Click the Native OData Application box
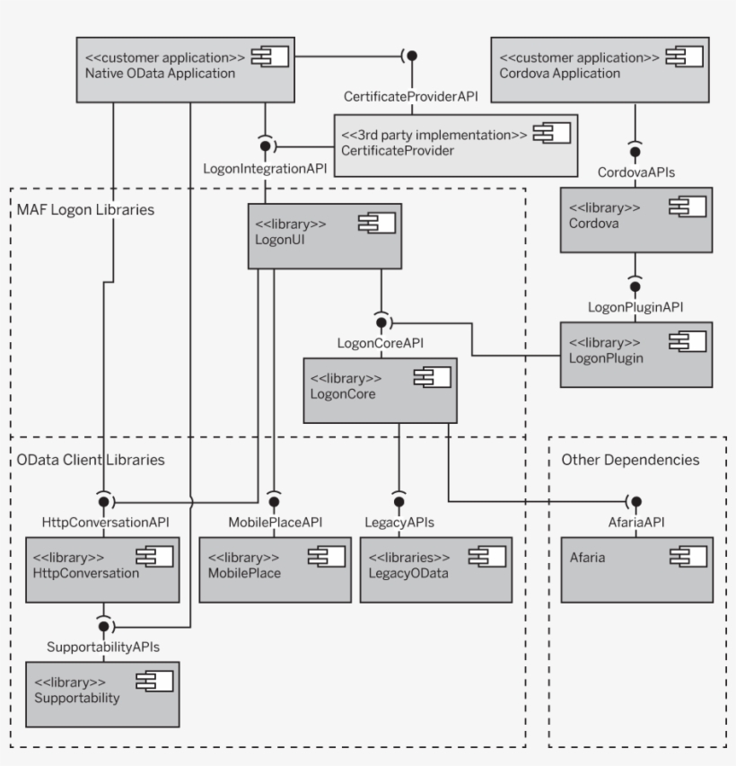click(185, 68)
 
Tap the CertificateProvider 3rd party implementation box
click(455, 143)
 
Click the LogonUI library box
click(324, 235)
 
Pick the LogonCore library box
click(380, 390)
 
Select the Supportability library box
click(101, 694)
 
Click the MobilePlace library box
click(274, 569)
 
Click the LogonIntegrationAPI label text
click(264, 168)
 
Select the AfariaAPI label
click(635, 521)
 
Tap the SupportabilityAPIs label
click(103, 646)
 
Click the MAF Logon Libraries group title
click(85, 210)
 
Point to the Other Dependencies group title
click(630, 459)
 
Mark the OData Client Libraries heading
click(91, 459)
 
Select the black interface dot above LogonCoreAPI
click(381, 321)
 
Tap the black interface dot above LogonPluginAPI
click(635, 286)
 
